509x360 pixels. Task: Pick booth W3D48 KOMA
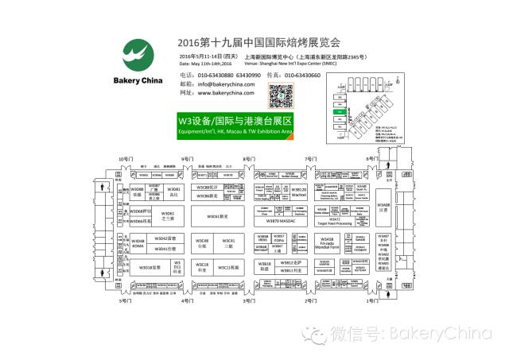(138, 242)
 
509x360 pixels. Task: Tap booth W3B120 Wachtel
(298, 192)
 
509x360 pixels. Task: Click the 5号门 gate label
(125, 302)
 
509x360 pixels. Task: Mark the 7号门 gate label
(312, 160)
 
